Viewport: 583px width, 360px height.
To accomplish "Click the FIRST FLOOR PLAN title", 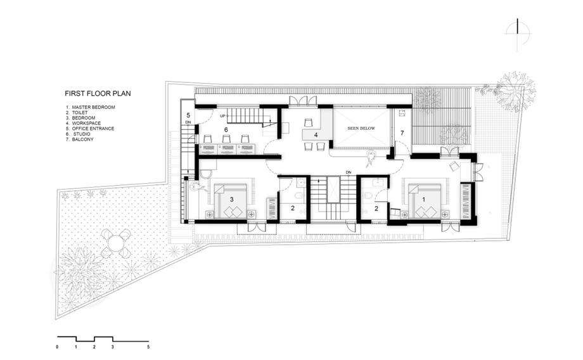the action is click(98, 93).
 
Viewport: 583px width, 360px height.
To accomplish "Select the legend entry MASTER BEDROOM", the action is click(93, 107).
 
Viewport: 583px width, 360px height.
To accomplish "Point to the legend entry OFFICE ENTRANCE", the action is click(93, 129).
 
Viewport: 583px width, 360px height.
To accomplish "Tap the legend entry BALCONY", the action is click(82, 139).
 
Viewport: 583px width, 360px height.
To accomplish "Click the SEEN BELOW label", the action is click(361, 128).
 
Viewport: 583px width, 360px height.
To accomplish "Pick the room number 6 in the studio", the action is click(226, 130).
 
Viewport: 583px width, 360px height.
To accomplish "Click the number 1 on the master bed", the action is click(423, 200).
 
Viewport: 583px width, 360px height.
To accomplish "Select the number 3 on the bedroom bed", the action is click(232, 200).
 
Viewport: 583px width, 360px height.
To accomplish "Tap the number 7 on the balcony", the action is click(402, 132).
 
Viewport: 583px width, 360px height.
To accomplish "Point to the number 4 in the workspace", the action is click(316, 134).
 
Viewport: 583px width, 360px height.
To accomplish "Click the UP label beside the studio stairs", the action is click(222, 116).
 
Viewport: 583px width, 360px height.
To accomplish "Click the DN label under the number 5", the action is click(188, 122).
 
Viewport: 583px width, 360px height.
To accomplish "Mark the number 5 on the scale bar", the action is click(148, 347).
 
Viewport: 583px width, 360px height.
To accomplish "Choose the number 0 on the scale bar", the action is click(57, 347).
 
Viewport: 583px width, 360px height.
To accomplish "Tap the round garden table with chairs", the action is click(115, 245).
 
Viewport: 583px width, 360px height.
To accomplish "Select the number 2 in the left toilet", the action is click(293, 209).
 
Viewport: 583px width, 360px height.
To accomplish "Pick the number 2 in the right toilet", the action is click(376, 209).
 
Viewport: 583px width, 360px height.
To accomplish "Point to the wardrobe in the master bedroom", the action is click(466, 201).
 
